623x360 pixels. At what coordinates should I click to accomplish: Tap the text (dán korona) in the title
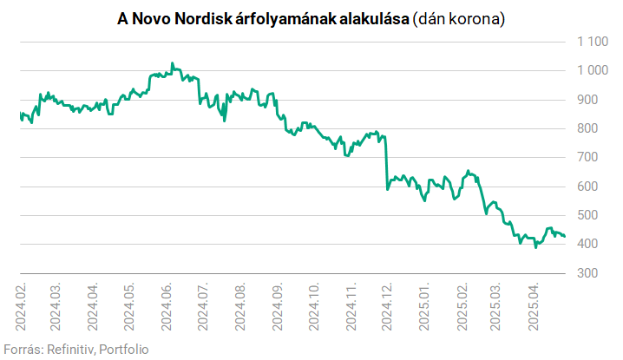tap(458, 18)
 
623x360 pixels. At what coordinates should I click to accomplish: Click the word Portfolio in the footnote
tap(123, 349)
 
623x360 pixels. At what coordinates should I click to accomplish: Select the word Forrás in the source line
tap(22, 349)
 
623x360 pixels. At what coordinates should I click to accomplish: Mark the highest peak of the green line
tap(172, 63)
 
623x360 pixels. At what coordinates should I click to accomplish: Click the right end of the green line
tap(565, 236)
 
